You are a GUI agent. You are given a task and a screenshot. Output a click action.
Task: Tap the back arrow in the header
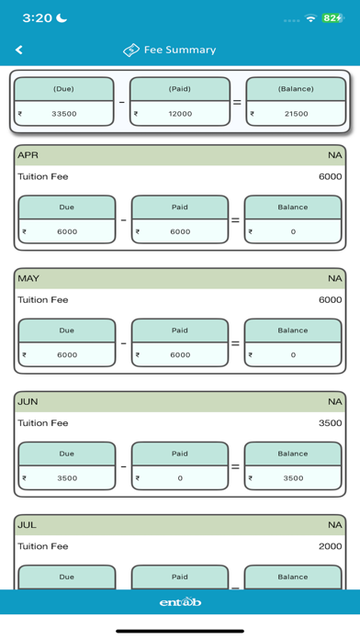point(18,50)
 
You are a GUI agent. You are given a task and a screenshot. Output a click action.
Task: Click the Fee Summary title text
point(180,50)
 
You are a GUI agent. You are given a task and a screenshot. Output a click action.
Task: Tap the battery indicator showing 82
point(332,18)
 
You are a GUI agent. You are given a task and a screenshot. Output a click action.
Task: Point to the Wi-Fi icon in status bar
point(310,18)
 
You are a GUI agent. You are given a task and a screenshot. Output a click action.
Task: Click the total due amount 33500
point(64,114)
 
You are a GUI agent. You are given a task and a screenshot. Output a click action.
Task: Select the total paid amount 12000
point(180,114)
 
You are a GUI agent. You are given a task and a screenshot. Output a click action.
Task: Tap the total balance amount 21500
point(296,114)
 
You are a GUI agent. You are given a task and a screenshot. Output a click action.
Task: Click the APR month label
point(28,155)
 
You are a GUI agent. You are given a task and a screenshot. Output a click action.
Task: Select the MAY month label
point(28,278)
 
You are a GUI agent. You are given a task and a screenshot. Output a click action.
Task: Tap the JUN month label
point(28,402)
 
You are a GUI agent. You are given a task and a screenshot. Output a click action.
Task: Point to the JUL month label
point(27,525)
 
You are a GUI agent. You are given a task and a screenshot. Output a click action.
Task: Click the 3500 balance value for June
point(293,478)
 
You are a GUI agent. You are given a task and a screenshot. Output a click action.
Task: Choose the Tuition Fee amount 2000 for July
point(331,546)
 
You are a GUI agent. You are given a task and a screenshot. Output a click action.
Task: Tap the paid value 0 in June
point(180,478)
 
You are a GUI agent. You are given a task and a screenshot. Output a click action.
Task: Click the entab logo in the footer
point(180,601)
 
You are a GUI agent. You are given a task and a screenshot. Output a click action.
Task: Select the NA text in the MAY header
point(335,278)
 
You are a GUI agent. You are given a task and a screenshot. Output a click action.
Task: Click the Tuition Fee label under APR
point(43,177)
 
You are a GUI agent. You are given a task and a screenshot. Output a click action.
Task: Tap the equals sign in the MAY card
point(236,343)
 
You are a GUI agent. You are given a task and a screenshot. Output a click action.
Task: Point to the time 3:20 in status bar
point(37,18)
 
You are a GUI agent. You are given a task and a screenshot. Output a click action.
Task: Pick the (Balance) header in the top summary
point(296,89)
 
